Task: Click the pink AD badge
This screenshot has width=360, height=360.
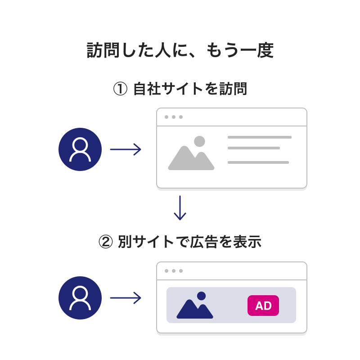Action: tap(263, 306)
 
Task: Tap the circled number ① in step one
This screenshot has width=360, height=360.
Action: tap(120, 89)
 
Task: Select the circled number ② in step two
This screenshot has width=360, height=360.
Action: tap(105, 242)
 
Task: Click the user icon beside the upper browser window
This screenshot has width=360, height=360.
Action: tap(80, 149)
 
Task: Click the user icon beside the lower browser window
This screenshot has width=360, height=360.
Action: tap(80, 298)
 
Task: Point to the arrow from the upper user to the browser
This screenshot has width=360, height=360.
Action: tap(126, 149)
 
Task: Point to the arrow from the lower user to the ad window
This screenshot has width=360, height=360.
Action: tap(126, 298)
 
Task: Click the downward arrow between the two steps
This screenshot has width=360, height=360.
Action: tap(180, 208)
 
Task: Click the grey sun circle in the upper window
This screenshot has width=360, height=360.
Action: tap(199, 141)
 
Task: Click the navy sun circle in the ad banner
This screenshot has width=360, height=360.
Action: tap(201, 296)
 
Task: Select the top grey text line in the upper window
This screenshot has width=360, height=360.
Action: tap(260, 137)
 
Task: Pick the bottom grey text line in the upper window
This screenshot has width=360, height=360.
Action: tap(258, 162)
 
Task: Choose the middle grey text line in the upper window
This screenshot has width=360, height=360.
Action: tap(254, 148)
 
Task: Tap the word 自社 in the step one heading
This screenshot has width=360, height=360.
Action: tap(147, 89)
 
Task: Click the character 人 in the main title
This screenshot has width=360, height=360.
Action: tap(163, 50)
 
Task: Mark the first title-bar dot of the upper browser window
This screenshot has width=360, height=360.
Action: tap(166, 117)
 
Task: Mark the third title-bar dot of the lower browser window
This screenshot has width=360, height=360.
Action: tap(181, 271)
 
